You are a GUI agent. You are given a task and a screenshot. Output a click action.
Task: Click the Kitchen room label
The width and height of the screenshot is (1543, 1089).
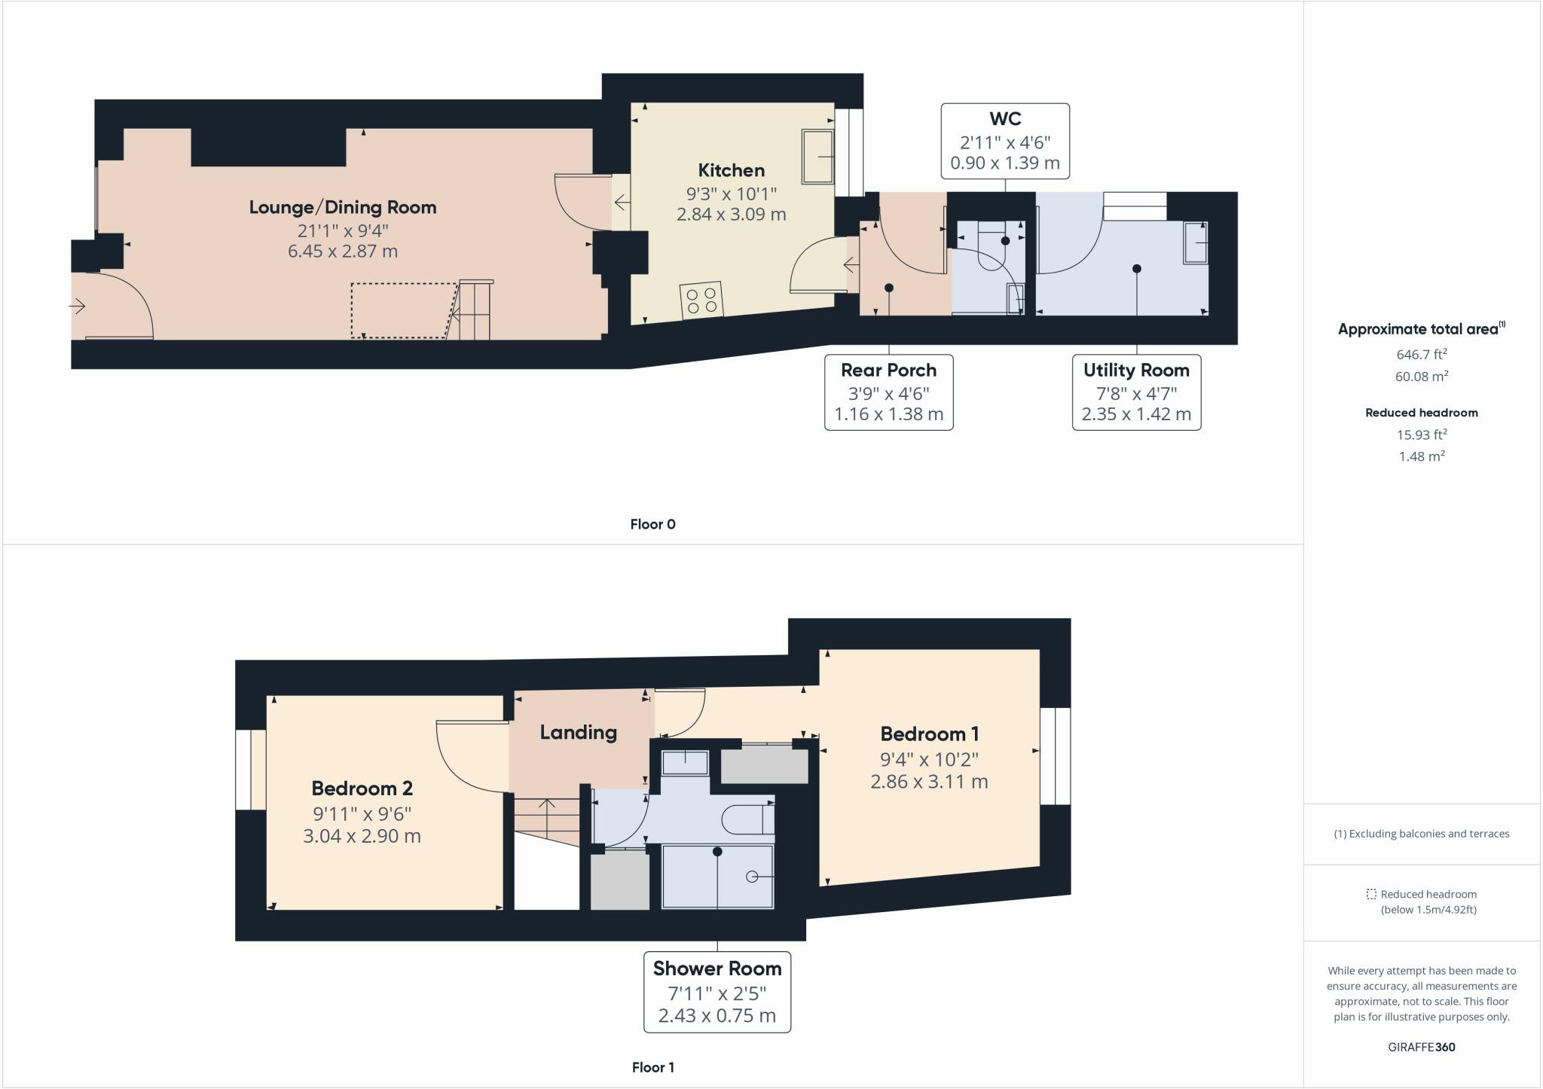731,170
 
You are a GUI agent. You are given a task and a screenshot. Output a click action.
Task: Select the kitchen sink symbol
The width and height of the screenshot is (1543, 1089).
817,157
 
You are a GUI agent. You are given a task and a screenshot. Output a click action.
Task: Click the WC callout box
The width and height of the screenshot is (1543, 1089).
1004,141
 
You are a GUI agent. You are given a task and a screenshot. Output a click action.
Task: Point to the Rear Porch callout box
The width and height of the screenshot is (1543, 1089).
888,392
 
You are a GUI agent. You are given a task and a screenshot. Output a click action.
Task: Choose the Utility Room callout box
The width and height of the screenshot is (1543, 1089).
1135,392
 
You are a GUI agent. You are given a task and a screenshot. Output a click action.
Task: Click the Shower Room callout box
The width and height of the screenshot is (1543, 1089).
717,991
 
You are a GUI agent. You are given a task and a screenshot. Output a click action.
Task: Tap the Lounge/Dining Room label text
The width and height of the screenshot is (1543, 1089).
343,207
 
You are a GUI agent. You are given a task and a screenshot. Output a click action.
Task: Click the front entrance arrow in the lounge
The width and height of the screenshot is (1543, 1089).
78,306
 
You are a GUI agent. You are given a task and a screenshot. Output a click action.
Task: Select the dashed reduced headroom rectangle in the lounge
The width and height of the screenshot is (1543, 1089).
403,310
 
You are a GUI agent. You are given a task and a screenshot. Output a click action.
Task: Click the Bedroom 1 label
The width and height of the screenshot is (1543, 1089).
929,734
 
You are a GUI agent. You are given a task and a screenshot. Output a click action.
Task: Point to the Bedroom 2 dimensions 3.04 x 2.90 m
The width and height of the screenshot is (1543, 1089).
362,836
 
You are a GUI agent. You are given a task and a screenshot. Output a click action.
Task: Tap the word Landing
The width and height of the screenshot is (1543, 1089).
578,732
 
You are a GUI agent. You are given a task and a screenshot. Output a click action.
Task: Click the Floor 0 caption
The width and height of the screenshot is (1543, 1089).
652,524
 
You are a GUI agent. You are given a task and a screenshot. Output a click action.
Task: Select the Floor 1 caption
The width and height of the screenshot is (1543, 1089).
652,1067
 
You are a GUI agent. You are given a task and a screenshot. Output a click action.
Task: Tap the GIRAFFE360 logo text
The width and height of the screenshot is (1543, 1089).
1421,1047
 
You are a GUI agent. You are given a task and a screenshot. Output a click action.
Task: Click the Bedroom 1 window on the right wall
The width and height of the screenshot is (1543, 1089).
1055,755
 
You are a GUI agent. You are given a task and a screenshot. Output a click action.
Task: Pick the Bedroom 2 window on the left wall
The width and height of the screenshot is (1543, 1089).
250,769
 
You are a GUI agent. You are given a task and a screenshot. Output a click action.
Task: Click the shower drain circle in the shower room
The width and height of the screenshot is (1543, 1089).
751,877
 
